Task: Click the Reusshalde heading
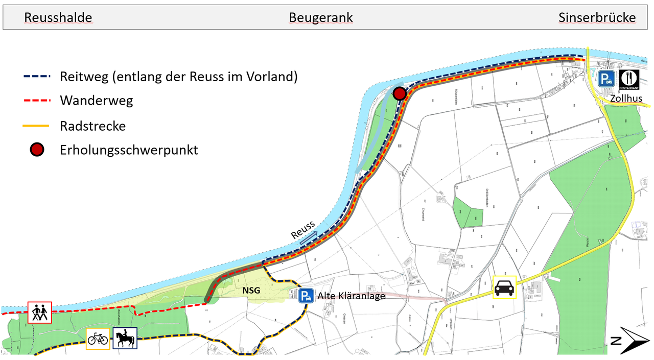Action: click(x=58, y=18)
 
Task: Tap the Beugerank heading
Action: click(x=321, y=18)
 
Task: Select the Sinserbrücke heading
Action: click(x=597, y=18)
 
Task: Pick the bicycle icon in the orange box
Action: click(x=98, y=339)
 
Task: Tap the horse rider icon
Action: click(x=125, y=339)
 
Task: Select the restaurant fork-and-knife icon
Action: click(x=629, y=79)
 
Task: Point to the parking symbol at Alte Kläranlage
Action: click(x=306, y=296)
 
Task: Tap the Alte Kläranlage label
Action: click(x=351, y=296)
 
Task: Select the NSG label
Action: click(x=251, y=291)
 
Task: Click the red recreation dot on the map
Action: click(x=400, y=93)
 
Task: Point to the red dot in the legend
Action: click(x=37, y=150)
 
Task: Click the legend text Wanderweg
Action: click(x=96, y=101)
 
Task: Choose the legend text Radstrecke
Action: click(x=92, y=126)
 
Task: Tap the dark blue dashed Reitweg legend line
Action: click(x=37, y=77)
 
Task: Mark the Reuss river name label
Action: click(x=302, y=231)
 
